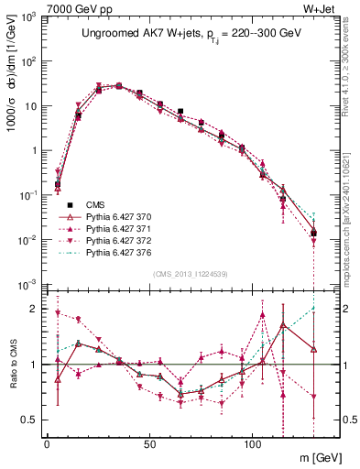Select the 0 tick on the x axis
pyautogui.click(x=47, y=444)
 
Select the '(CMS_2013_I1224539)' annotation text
pyautogui.click(x=191, y=274)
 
